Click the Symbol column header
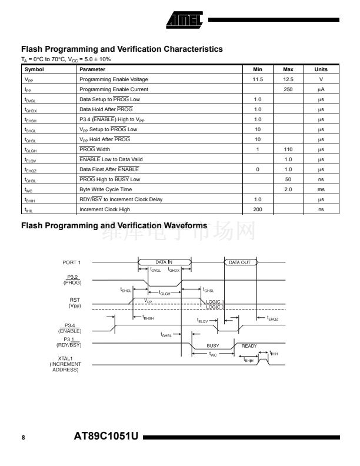pos(34,69)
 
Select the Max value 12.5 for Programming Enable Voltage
pos(288,79)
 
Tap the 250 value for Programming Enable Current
pos(288,89)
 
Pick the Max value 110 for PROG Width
pos(288,149)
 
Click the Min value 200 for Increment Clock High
pos(257,209)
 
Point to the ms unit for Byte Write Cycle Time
pos(321,189)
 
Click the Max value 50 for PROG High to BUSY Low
pos(288,179)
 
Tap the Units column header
pos(321,69)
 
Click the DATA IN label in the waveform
pos(164,262)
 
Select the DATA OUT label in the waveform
pos(240,262)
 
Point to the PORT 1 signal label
pos(71,262)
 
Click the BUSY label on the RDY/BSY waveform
pos(212,346)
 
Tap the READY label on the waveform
pos(249,346)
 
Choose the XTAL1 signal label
pos(65,358)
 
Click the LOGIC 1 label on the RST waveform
pos(215,301)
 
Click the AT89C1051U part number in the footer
pos(106,437)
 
